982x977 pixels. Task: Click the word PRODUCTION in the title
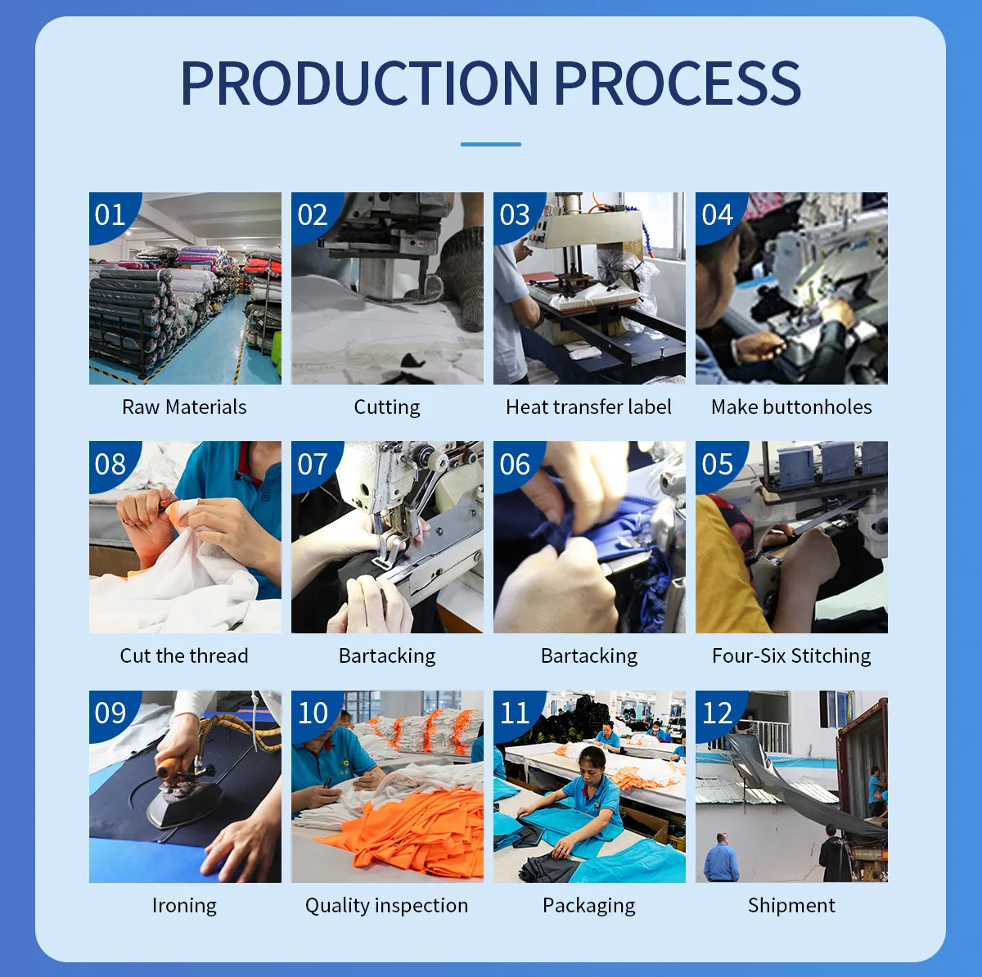[x=360, y=83]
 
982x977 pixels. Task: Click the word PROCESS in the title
[x=678, y=83]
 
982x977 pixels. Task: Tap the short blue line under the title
[x=491, y=144]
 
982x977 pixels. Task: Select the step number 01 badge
[x=110, y=214]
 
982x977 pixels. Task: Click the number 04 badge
[x=717, y=214]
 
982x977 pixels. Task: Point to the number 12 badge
[x=717, y=713]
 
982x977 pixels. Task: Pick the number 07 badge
[x=313, y=464]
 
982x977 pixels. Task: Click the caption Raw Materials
[x=184, y=407]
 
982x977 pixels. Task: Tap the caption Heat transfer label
[x=588, y=407]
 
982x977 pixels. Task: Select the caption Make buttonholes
[x=791, y=407]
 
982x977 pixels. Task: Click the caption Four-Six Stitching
[x=791, y=656]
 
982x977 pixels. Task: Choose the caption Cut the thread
[x=184, y=656]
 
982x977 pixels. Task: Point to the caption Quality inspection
[x=387, y=906]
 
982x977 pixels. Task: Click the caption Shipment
[x=791, y=906]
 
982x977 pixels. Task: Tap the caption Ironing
[x=184, y=906]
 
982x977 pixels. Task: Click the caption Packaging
[x=588, y=906]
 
